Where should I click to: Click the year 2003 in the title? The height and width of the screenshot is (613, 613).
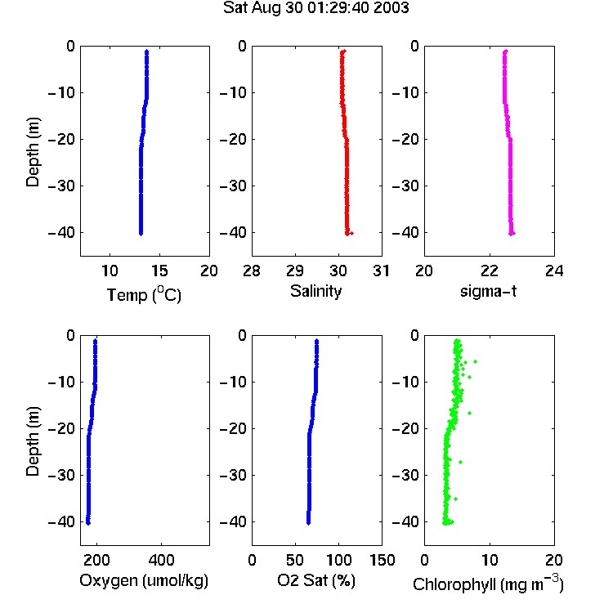coord(391,7)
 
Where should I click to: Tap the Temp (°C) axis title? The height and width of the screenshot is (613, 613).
coord(144,294)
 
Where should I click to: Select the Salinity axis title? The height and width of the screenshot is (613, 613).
coord(315,291)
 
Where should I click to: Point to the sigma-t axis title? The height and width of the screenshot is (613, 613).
coord(488,291)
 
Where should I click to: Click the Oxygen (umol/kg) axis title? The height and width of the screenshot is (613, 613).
coord(144,580)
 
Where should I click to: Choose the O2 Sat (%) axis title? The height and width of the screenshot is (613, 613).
coord(315,580)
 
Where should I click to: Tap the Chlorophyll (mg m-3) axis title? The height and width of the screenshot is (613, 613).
coord(488,584)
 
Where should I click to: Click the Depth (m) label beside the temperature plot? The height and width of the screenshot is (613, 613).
coord(33,152)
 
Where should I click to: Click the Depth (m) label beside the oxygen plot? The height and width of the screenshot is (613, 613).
coord(33,441)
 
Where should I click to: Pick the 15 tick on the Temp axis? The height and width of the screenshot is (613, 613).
coord(159,271)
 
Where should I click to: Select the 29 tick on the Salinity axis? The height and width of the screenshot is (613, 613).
coord(295,271)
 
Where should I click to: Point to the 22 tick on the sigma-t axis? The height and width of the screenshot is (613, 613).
coord(489,271)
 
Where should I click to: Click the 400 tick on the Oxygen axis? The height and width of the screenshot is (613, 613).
coord(161,560)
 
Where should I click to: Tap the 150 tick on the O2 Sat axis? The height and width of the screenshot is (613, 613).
coord(382,560)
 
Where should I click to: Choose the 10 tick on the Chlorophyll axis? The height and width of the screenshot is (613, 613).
coord(489,560)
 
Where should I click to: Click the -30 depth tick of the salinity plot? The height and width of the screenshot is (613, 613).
coord(234,186)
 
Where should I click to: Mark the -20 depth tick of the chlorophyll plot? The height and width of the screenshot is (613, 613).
coord(405,428)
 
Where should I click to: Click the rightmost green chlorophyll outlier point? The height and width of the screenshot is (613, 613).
coord(475,361)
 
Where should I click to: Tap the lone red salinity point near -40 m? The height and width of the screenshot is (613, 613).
coord(351,234)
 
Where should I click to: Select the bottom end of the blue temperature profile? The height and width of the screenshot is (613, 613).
coord(141,234)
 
